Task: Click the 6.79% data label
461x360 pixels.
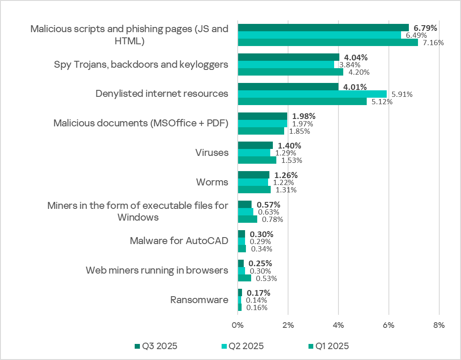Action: coord(425,28)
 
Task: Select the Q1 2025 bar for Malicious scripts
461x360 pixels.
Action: coord(328,43)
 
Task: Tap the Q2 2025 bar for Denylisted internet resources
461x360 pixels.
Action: coord(312,94)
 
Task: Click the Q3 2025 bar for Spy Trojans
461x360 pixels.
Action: coord(289,57)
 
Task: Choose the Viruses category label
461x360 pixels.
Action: coord(212,153)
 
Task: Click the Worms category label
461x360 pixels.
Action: coord(213,182)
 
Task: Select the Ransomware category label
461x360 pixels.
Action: coord(199,300)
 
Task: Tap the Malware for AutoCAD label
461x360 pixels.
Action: coord(179,241)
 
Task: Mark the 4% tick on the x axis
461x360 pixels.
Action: coord(338,325)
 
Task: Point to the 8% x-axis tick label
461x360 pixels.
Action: coord(439,325)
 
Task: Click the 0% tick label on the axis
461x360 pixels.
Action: coord(238,325)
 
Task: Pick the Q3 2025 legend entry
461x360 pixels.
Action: coord(156,346)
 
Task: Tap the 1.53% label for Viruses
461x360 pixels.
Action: coord(292,160)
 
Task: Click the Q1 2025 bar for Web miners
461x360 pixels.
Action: coord(244,278)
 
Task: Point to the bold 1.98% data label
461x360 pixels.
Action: coord(304,116)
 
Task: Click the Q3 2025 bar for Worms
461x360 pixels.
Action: coord(253,175)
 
